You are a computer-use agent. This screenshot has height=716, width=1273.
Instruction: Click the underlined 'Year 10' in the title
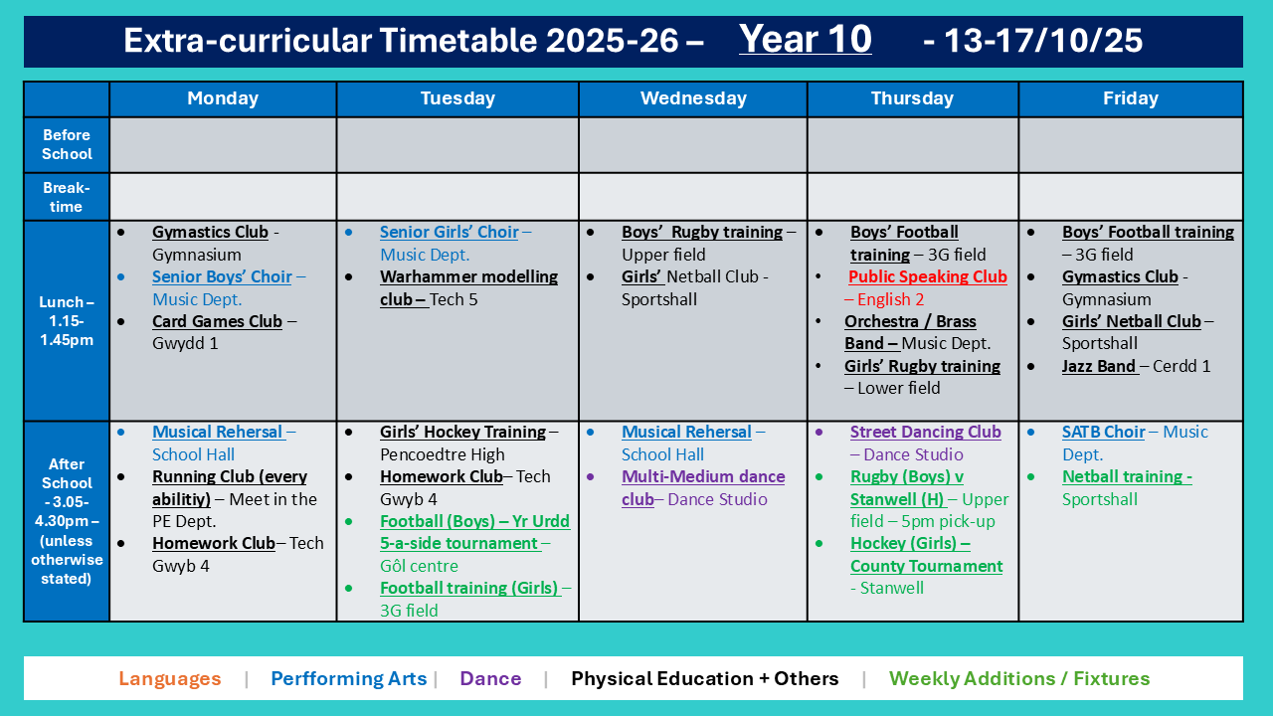point(805,39)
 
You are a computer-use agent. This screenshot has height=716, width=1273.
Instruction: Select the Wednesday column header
point(693,98)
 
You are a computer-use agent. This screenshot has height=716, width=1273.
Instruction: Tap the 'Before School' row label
point(67,144)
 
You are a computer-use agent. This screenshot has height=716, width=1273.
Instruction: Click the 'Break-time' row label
point(66,197)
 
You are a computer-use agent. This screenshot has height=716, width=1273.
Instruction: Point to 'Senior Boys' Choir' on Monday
point(222,276)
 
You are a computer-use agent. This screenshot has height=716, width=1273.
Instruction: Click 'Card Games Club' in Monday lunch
point(217,321)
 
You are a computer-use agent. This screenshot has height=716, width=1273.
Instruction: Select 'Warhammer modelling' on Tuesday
point(468,276)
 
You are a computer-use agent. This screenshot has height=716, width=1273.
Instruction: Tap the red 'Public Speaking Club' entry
point(928,276)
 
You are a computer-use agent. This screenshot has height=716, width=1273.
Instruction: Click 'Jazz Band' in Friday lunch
point(1099,366)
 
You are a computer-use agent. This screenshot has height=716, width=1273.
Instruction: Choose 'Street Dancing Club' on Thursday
point(925,432)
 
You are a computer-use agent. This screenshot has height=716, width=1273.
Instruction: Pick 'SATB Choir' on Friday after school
point(1104,432)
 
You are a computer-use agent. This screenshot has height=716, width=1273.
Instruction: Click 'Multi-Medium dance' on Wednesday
point(703,476)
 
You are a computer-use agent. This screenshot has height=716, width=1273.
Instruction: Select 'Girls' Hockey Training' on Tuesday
point(462,432)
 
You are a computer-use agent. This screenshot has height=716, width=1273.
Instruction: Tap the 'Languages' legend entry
point(170,678)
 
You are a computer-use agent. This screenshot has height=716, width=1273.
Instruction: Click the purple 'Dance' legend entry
point(490,678)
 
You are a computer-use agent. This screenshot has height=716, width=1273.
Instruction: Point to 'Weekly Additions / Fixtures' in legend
point(1019,678)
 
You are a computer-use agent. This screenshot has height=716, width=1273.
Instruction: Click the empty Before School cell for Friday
point(1131,145)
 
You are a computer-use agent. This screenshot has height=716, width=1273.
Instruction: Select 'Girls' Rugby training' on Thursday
point(922,366)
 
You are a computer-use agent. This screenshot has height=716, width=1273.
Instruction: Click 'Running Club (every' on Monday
point(230,476)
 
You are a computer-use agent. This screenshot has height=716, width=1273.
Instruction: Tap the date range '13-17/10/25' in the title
point(1042,41)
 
